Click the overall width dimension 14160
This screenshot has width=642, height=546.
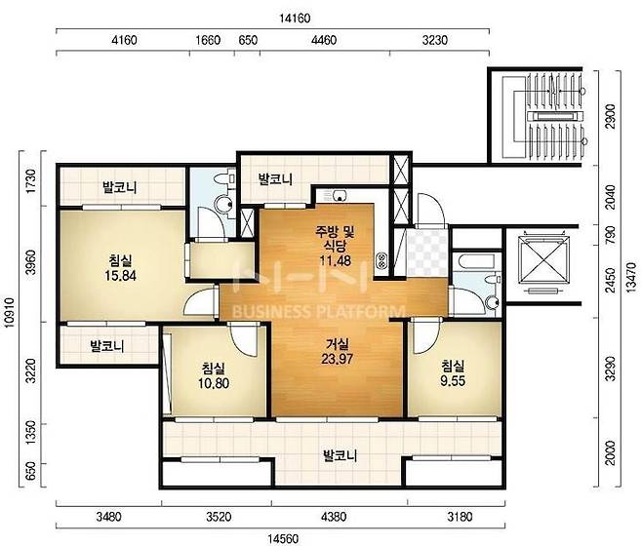[295, 19]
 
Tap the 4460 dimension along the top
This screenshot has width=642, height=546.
[324, 40]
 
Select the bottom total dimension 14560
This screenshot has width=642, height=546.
[283, 538]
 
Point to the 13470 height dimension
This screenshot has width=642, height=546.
[631, 277]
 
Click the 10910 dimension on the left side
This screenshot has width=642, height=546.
[9, 312]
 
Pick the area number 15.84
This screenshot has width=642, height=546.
[120, 276]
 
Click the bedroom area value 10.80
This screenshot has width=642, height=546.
[214, 383]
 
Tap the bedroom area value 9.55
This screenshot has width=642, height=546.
[453, 381]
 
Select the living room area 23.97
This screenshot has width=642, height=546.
[337, 359]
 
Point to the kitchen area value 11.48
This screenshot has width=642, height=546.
[336, 260]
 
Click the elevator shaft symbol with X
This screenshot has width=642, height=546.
[544, 259]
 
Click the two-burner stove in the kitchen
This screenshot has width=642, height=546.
[381, 261]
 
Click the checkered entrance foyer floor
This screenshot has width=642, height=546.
[427, 253]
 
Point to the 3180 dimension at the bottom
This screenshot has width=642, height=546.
[460, 517]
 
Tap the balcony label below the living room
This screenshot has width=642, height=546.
[341, 455]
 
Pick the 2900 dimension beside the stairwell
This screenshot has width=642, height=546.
[611, 117]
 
